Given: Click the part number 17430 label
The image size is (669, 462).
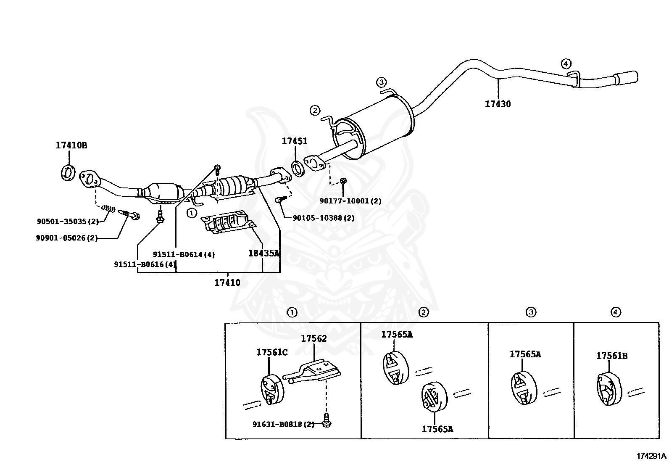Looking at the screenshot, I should pos(498,104).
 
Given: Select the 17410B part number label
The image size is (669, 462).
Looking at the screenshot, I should pos(71,145).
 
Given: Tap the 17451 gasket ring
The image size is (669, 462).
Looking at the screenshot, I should pos(298,169).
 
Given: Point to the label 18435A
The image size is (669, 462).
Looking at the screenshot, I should pos(263,253).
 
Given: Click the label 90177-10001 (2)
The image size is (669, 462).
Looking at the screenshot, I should pos(350,201).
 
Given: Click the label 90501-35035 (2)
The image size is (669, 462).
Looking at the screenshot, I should pos(67,221).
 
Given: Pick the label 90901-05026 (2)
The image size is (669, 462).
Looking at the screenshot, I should pos(66,238).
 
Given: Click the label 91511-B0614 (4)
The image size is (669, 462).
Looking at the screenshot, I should pos(184,254).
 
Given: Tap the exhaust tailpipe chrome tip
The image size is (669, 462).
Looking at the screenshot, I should pos(626,78).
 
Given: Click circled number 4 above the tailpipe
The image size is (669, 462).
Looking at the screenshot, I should pos(566,64).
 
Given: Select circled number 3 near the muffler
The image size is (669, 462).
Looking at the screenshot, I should pos(381,82).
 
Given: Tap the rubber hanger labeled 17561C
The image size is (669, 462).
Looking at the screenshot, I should pos(272,389).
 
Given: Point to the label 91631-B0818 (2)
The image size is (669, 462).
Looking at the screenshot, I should pos(283,424).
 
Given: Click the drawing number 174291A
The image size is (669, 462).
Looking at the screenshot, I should pos(651,456).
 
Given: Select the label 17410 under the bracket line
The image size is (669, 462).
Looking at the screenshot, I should pos(227,282).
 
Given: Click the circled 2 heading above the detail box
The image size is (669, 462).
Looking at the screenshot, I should pos(424,312).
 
